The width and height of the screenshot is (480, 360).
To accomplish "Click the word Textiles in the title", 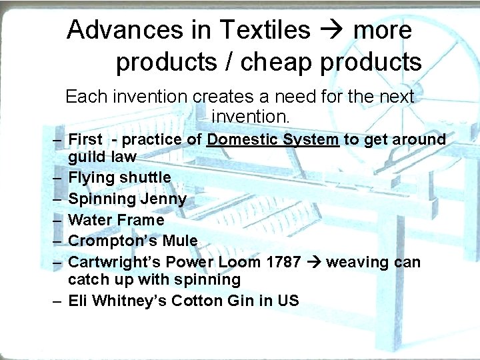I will [x=265, y=30].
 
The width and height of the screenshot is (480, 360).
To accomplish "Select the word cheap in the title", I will [x=277, y=62].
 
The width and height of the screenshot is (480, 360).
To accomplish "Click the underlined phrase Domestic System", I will [x=273, y=139].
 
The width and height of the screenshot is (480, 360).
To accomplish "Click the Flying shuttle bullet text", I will [x=119, y=177].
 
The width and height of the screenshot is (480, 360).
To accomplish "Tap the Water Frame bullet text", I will [x=116, y=219].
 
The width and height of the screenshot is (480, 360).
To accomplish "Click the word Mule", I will [x=180, y=241].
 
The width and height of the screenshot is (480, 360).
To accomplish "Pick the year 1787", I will [x=283, y=262].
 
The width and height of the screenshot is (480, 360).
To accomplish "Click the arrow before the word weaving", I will [x=313, y=262].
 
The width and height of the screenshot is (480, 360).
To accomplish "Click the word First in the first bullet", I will [x=85, y=139].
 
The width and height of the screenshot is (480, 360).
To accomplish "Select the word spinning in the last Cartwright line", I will [x=210, y=279].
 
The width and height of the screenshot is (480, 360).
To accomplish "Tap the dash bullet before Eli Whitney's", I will [x=58, y=301].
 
